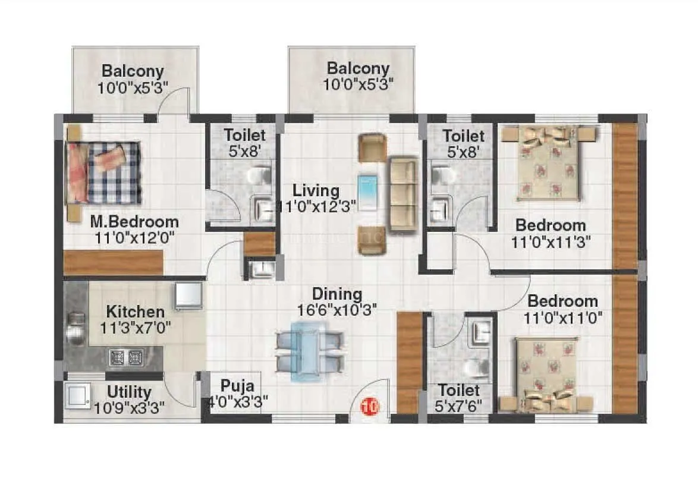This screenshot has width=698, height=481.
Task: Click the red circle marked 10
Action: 370,407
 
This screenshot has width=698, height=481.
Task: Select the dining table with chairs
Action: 309,350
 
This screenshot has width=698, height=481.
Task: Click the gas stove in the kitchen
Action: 126,357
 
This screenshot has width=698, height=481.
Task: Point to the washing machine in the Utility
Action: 78,397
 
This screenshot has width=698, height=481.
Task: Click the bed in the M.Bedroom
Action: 103,172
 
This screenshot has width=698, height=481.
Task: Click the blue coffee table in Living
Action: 367,192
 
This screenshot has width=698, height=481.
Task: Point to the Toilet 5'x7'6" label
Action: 459,405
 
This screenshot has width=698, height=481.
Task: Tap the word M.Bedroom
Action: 134,222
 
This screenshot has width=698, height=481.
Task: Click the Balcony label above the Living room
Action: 358,68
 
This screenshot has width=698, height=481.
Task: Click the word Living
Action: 315,191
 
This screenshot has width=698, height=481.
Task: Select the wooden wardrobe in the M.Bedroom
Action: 113,262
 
